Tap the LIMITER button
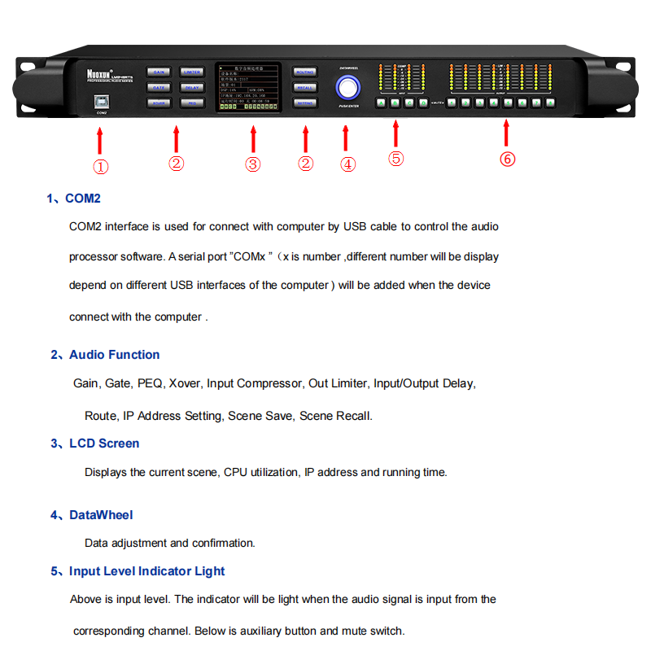click(191, 72)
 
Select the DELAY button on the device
click(191, 87)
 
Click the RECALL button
click(304, 87)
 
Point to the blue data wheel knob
click(349, 86)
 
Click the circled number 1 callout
click(100, 167)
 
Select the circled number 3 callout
click(253, 164)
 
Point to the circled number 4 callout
click(348, 164)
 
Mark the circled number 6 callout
click(507, 159)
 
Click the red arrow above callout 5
click(395, 133)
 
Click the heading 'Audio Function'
click(114, 355)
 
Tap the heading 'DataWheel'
click(101, 515)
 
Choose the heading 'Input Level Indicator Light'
click(146, 571)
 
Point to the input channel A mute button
click(380, 103)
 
